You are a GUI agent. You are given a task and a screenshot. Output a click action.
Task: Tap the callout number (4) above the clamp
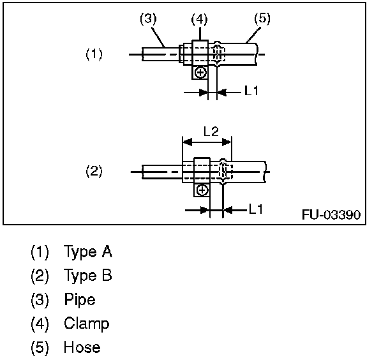coord(200,20)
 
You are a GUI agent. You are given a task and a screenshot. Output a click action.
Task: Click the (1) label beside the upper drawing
coord(94,54)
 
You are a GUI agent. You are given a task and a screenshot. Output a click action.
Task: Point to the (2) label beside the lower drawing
coord(94,171)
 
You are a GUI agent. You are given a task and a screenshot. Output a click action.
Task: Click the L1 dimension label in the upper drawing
coord(251,91)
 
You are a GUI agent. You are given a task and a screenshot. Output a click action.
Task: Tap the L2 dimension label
coord(211,131)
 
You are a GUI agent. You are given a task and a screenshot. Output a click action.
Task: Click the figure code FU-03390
coord(331,213)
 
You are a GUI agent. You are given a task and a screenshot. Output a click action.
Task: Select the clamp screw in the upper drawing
coord(200,72)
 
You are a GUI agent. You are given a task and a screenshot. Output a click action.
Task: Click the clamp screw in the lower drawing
coord(202,190)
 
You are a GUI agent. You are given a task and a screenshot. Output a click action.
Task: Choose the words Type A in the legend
coord(88,251)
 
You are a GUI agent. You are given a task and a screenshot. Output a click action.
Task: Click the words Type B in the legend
coord(88,275)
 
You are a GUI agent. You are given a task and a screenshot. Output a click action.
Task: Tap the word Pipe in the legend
coord(80,299)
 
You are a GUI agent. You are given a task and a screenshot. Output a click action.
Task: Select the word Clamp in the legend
coord(86,324)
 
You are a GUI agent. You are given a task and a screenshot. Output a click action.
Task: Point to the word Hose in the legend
coord(82,347)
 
